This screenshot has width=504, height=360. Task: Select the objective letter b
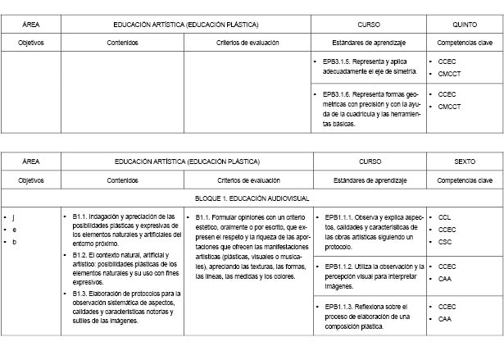coord(14,242)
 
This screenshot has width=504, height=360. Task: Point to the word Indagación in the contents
coord(105,216)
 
